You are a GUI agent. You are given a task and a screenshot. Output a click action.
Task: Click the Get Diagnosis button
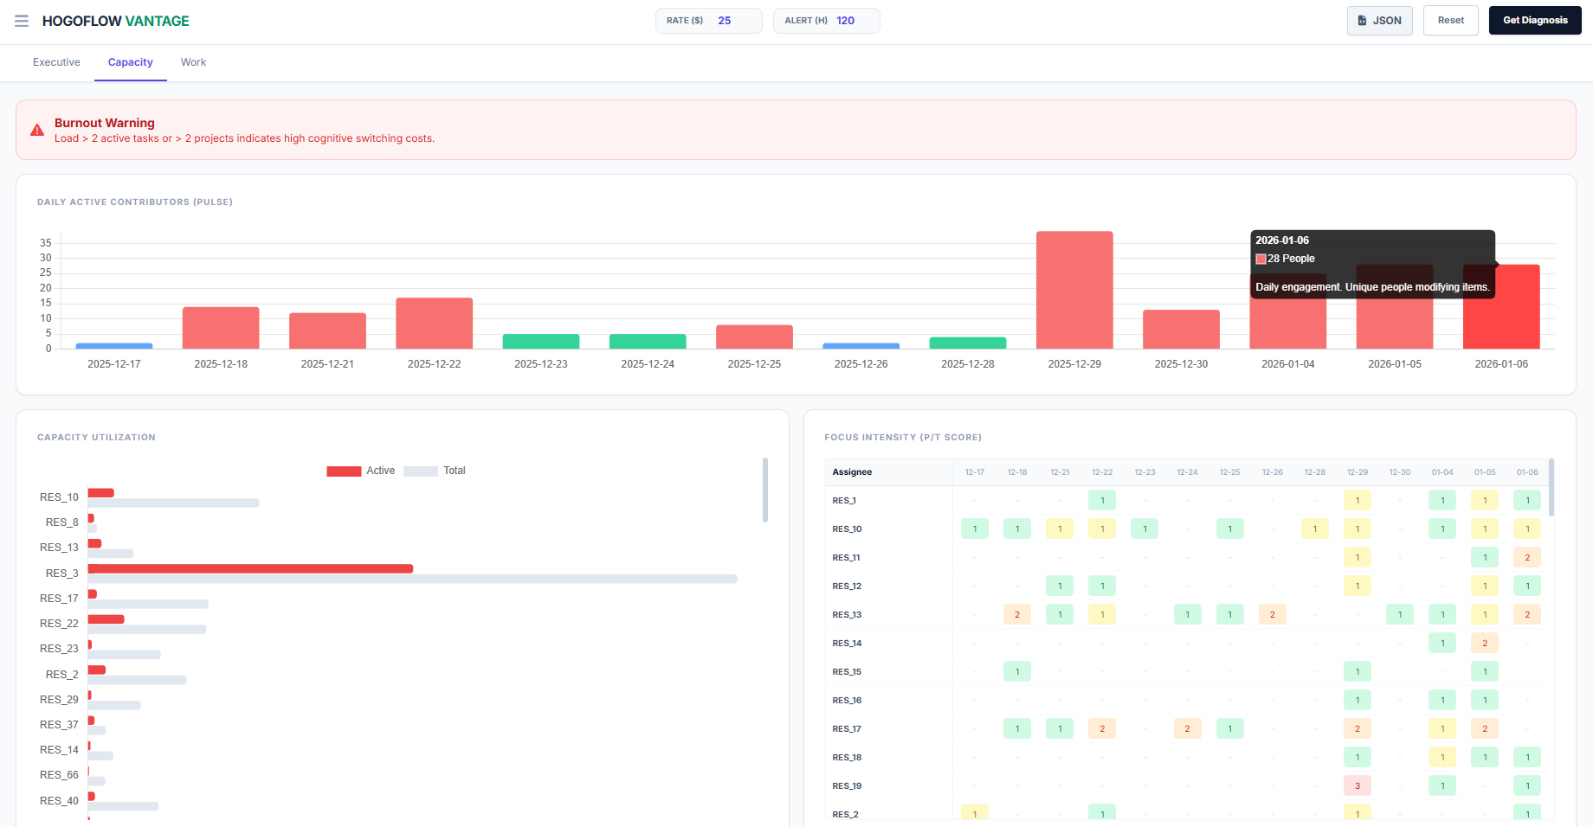click(x=1534, y=21)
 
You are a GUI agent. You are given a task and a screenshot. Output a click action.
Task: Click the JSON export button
click(x=1379, y=21)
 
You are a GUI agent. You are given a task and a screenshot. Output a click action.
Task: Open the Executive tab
click(x=56, y=62)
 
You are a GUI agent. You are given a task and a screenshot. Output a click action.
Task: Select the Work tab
click(x=193, y=62)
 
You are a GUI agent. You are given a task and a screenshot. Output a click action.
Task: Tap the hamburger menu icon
click(x=22, y=21)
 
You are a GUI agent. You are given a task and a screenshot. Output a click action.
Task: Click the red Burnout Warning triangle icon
click(x=37, y=131)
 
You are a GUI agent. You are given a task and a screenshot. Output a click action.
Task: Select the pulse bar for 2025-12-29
click(x=1074, y=290)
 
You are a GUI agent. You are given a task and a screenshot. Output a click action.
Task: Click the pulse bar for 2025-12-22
click(x=434, y=324)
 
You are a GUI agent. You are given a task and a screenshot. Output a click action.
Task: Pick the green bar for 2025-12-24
click(x=648, y=342)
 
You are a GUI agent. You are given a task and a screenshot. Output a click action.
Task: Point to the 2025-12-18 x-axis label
click(x=221, y=364)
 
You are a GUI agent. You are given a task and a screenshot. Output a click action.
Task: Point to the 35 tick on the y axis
click(x=46, y=243)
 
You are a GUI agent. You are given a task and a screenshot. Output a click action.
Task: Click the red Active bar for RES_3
click(x=250, y=568)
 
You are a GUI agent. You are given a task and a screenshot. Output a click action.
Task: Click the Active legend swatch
click(x=344, y=471)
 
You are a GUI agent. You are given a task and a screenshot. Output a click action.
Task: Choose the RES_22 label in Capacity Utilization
click(x=59, y=624)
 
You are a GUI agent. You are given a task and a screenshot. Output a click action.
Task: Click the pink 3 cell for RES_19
click(x=1357, y=786)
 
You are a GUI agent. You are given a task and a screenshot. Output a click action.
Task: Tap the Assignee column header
click(x=852, y=472)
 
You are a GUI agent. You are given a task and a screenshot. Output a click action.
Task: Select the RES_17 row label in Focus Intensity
click(x=847, y=729)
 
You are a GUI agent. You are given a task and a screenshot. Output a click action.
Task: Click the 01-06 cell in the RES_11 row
click(x=1526, y=558)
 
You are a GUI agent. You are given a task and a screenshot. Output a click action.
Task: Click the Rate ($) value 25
click(x=725, y=21)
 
